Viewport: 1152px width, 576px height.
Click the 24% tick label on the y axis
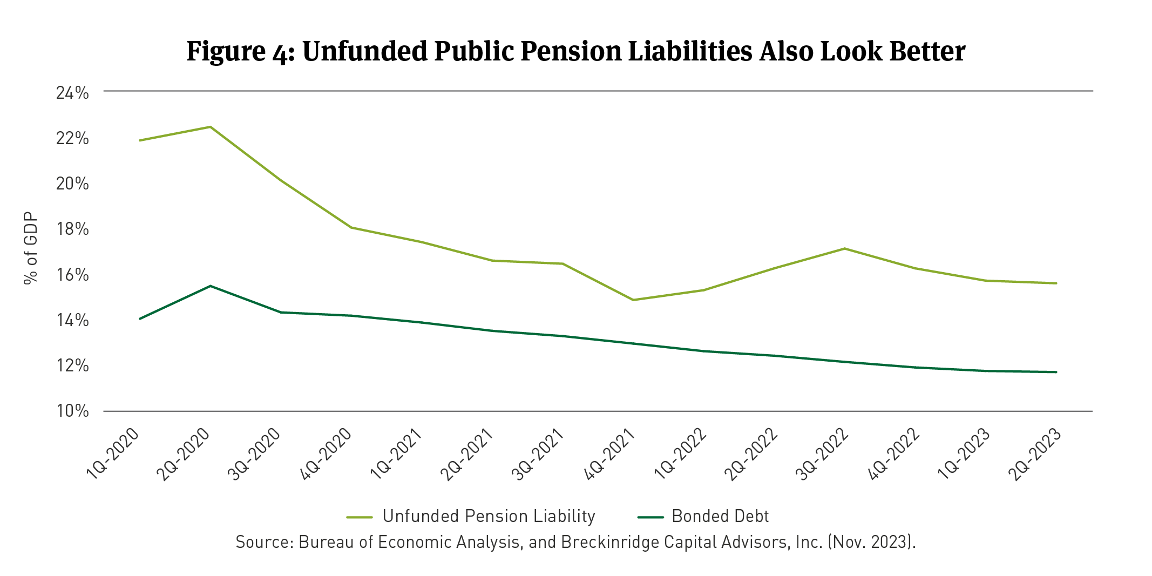point(72,93)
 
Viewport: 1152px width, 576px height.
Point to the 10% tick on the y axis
point(72,411)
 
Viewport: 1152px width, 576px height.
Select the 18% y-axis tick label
point(72,229)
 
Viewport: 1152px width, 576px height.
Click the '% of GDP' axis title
point(31,248)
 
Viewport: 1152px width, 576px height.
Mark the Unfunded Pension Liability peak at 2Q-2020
point(211,127)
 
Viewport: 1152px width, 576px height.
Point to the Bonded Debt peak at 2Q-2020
point(211,286)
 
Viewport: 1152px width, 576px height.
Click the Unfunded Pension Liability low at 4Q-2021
point(633,300)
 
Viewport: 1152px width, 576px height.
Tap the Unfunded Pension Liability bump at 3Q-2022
point(844,248)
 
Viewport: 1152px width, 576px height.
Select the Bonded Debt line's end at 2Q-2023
point(1056,372)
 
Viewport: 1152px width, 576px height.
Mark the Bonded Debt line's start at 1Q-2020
point(140,319)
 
